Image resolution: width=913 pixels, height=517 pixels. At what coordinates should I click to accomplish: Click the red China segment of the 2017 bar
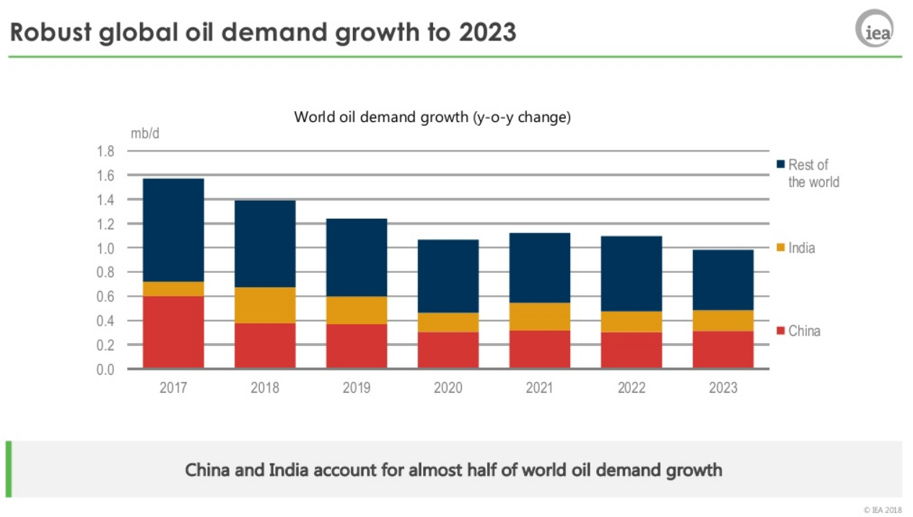[173, 332]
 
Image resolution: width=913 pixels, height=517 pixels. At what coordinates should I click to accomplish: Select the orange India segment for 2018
[265, 305]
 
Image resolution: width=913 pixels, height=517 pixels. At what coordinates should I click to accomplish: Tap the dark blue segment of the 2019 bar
[357, 257]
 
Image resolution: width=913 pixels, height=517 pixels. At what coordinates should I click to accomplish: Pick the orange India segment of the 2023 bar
[723, 321]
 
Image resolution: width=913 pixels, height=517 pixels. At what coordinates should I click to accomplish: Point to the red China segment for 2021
[540, 349]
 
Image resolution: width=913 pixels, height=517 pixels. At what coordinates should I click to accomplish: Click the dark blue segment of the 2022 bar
[632, 274]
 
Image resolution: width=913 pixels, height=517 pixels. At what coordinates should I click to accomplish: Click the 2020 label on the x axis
[448, 388]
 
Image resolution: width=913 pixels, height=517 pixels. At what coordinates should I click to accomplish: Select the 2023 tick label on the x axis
[723, 388]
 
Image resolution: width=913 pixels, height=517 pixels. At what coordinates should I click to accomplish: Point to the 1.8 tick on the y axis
[105, 151]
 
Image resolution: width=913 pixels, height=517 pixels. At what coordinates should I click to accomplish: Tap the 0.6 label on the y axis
[105, 296]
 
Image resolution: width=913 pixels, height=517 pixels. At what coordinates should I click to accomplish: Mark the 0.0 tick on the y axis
[105, 369]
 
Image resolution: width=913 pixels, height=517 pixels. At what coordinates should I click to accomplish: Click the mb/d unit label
[145, 134]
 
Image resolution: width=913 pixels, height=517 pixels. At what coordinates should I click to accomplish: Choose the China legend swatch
[781, 331]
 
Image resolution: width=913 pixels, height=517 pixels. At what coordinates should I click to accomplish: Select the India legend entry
[802, 248]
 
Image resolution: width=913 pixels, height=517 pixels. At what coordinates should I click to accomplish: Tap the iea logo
[874, 29]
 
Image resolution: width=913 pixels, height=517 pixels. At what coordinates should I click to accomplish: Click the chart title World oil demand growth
[432, 117]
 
